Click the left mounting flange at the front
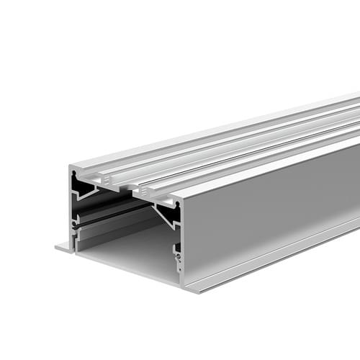pyautogui.click(x=63, y=247)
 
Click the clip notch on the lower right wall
pyautogui.click(x=176, y=252)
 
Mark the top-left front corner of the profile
pyautogui.click(x=70, y=167)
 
